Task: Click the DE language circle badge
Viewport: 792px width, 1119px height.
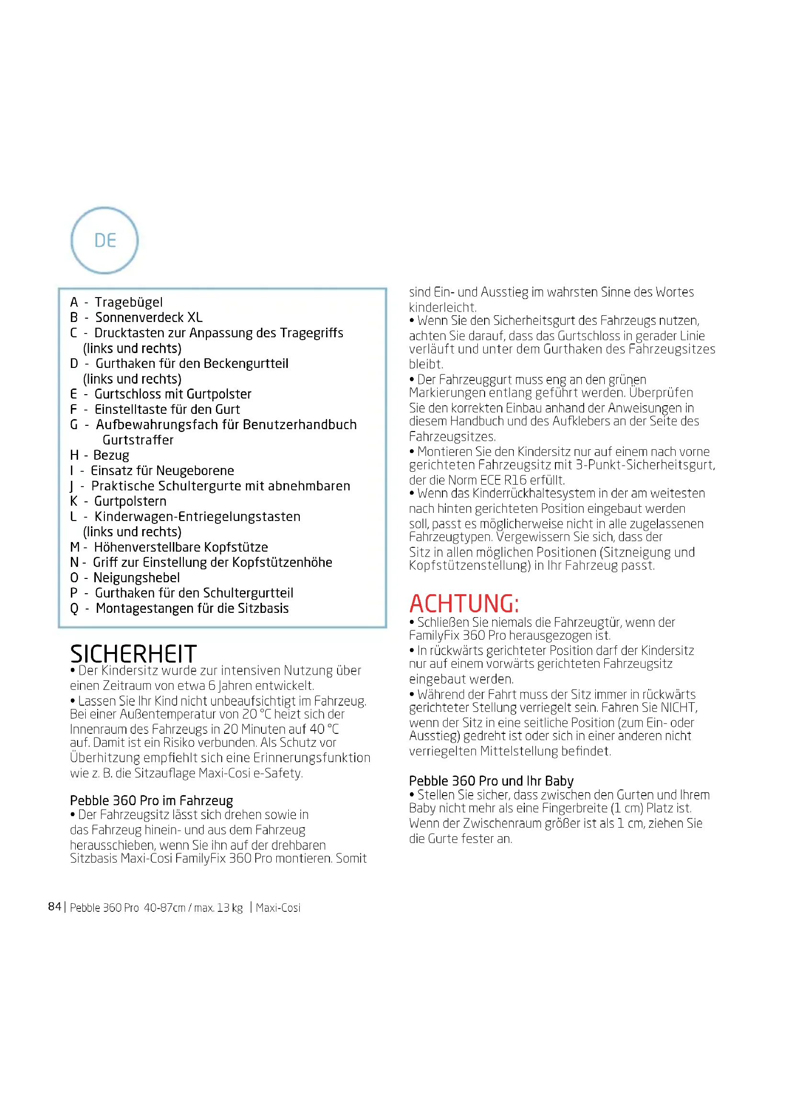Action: click(104, 240)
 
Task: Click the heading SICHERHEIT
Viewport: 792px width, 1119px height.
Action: click(133, 654)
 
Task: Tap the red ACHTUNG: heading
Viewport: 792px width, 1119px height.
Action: click(464, 603)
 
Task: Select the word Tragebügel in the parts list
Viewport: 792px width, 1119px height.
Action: click(128, 302)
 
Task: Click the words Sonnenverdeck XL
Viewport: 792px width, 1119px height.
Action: click(149, 317)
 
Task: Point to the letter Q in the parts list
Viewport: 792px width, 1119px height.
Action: click(74, 609)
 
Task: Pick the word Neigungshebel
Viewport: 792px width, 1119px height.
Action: click(136, 578)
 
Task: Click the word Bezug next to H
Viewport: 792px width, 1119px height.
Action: click(111, 455)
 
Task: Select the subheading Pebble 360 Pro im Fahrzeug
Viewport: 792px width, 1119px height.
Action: click(151, 801)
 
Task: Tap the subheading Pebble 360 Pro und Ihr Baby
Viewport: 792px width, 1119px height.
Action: click(491, 781)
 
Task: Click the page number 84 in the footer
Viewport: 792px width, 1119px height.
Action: click(55, 907)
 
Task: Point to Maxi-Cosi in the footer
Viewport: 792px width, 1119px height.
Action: click(278, 908)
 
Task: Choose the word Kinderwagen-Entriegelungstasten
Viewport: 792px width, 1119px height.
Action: click(197, 517)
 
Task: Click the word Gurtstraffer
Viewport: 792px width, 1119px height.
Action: click(138, 440)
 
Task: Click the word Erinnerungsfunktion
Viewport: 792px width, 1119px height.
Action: click(320, 757)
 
